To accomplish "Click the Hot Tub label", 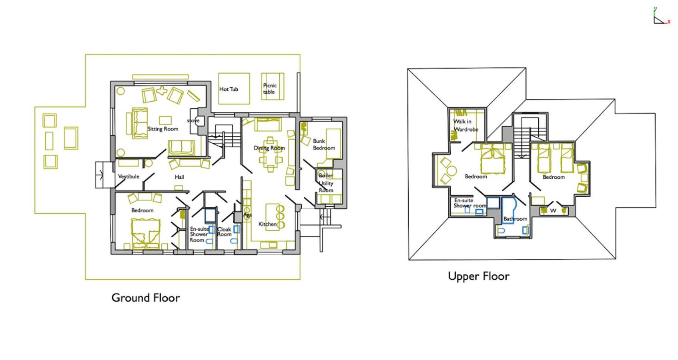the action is point(229,89).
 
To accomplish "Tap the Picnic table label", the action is point(270,89).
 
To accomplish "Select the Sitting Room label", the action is point(163,129).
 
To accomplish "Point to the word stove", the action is point(193,121).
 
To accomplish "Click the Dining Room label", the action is point(269,148).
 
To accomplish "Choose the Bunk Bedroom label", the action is point(324,144).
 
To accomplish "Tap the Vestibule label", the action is point(128,176).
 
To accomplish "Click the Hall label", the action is point(179,177).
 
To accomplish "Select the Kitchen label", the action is point(268,224).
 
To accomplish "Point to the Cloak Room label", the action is point(224,232).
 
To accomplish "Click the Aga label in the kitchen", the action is point(247,215).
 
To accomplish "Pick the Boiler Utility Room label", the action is point(326,183).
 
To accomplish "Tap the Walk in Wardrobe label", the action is point(466,125).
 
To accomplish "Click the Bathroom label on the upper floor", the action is point(515,219).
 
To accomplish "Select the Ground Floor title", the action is point(146,298).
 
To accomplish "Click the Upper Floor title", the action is point(479,276).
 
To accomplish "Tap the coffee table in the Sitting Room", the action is point(165,120).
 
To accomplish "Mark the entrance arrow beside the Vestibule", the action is point(100,175).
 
